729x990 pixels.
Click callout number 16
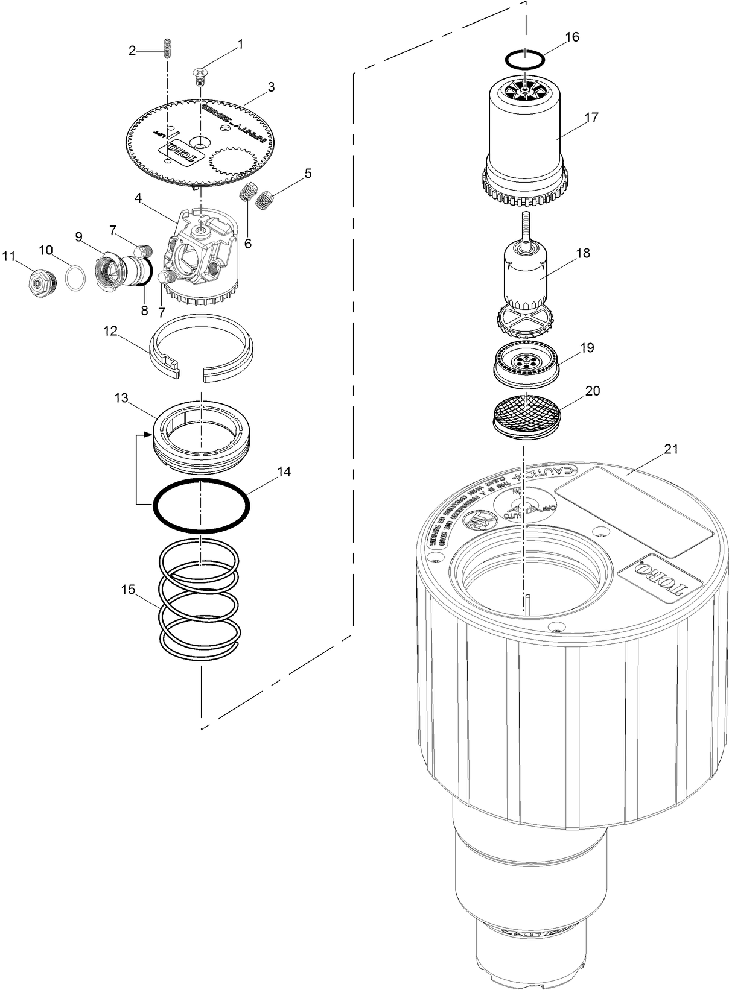(572, 37)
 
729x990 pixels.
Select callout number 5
(308, 174)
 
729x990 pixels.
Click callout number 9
(78, 236)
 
